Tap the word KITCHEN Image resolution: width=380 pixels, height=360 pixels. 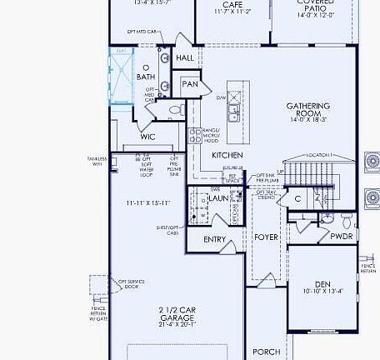[227, 156]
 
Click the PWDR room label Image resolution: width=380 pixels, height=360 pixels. [342, 235]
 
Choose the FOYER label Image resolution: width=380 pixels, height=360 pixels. [266, 237]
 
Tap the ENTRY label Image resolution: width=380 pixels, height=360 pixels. [214, 240]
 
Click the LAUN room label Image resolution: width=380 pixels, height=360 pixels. [217, 198]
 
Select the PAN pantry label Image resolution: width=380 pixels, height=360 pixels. [190, 84]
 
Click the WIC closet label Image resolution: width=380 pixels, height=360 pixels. [147, 137]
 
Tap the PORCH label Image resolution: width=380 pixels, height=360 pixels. [266, 352]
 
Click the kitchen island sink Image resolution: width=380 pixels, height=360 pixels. [236, 103]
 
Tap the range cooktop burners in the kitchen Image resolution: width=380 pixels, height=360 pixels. [195, 136]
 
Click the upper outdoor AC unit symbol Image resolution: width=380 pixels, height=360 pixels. [372, 160]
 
